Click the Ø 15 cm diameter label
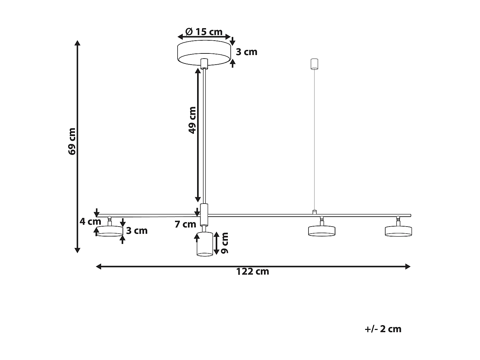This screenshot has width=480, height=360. pyautogui.click(x=204, y=32)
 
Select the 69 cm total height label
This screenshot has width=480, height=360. pyautogui.click(x=72, y=141)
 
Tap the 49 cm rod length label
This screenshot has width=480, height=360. pyautogui.click(x=192, y=120)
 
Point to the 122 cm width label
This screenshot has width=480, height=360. pyautogui.click(x=252, y=272)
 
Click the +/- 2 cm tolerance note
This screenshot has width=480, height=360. pyautogui.click(x=383, y=329)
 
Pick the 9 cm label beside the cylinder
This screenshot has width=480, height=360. pyautogui.click(x=225, y=243)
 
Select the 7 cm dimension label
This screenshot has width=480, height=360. pyautogui.click(x=185, y=224)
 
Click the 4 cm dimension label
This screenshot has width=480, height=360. pyautogui.click(x=90, y=221)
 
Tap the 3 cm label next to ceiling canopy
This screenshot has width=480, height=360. pyautogui.click(x=246, y=52)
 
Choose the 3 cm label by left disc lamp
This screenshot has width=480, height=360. pyautogui.click(x=137, y=230)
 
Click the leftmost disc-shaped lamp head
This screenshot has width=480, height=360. pyautogui.click(x=110, y=231)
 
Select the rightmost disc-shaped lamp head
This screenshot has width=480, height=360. pyautogui.click(x=398, y=231)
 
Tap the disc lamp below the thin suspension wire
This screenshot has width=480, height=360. pyautogui.click(x=322, y=231)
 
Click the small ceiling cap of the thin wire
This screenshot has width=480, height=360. pyautogui.click(x=315, y=64)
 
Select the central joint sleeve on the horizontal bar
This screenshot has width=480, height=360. pyautogui.click(x=204, y=214)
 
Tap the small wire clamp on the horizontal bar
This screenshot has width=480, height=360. pyautogui.click(x=315, y=212)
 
